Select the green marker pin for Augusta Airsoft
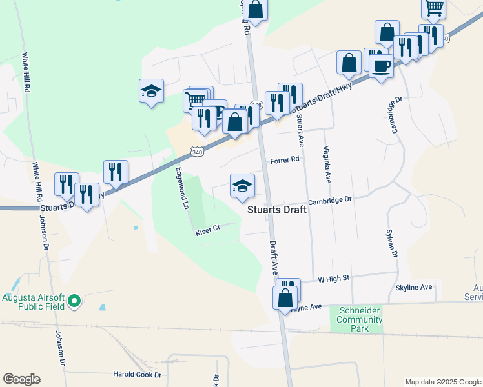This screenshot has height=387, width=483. pyautogui.click(x=74, y=300)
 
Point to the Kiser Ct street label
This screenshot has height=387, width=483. pyautogui.click(x=208, y=229)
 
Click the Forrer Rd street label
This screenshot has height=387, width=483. pyautogui.click(x=285, y=159)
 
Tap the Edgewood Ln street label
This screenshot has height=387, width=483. pyautogui.click(x=182, y=188)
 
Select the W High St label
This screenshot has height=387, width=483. pyautogui.click(x=333, y=278)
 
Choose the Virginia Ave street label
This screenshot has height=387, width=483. pyautogui.click(x=327, y=164)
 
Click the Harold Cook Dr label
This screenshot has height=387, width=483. pyautogui.click(x=137, y=375)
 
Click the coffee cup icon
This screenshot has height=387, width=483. pyautogui.click(x=381, y=66)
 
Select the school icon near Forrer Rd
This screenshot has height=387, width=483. pyautogui.click(x=243, y=186)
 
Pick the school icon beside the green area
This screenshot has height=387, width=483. pyautogui.click(x=151, y=91)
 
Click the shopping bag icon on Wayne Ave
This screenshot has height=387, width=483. pyautogui.click(x=285, y=298)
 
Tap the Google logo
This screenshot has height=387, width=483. pyautogui.click(x=21, y=379)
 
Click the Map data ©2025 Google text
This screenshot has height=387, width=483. pyautogui.click(x=443, y=382)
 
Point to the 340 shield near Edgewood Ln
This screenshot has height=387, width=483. pyautogui.click(x=198, y=150)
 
